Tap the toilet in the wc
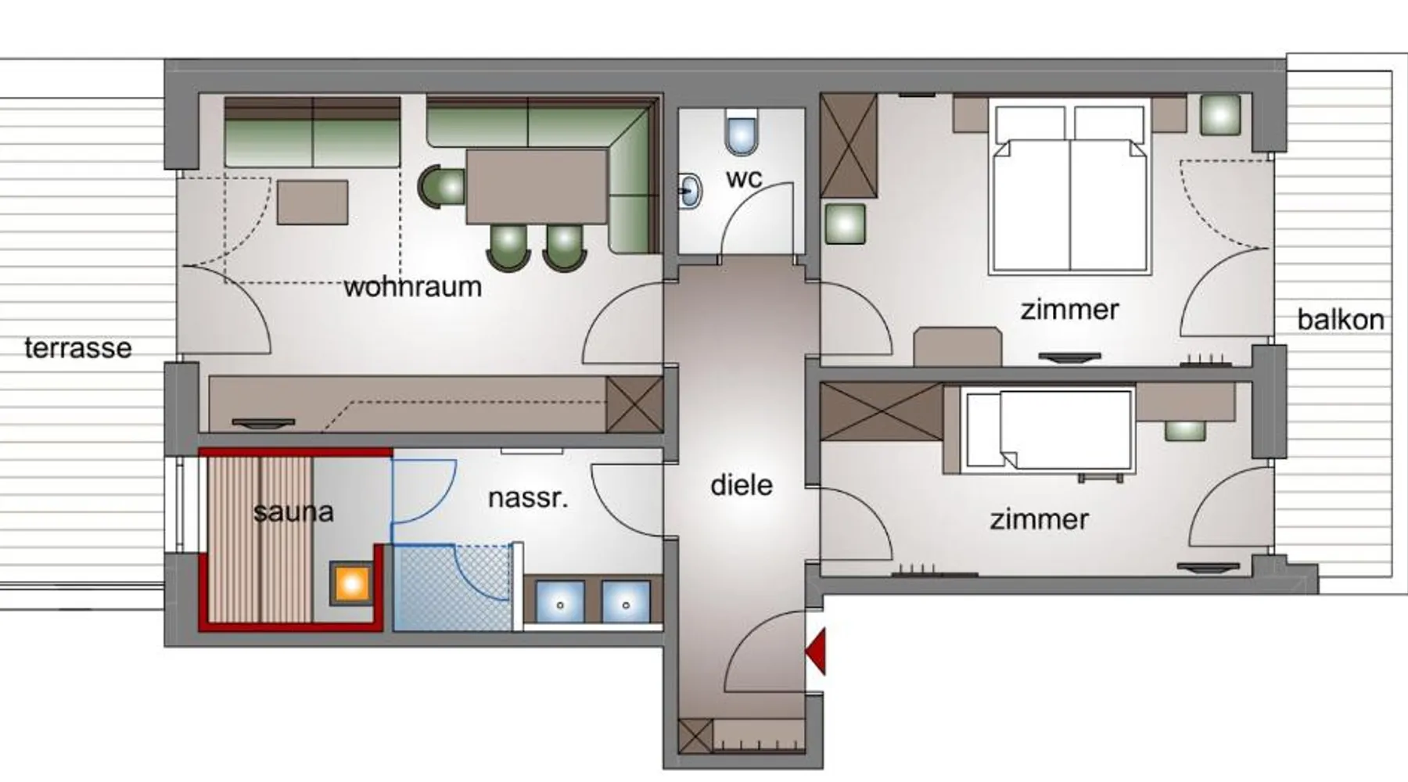742,133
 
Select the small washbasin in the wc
690,190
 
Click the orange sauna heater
351,583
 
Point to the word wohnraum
412,287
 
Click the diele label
741,485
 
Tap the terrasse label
77,348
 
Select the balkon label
1340,320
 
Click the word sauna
293,512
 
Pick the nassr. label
528,497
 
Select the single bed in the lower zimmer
1047,429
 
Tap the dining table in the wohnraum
537,186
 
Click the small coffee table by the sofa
313,203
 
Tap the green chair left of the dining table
442,188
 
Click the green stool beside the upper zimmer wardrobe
845,224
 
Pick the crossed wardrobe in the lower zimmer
882,412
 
